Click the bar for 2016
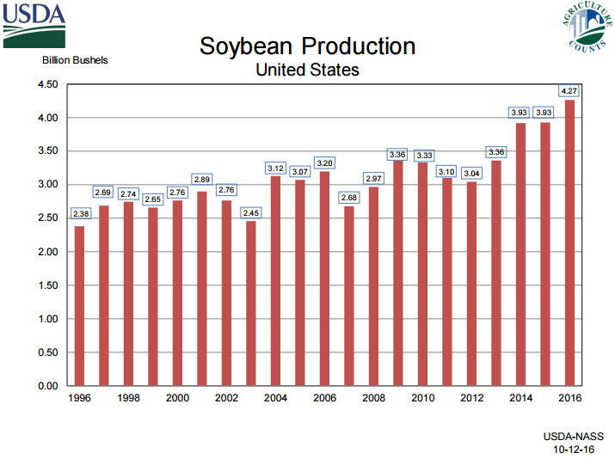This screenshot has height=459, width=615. [569, 243]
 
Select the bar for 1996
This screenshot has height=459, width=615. [79, 306]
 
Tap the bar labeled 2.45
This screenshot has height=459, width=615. [251, 303]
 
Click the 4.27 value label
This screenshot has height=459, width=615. [569, 90]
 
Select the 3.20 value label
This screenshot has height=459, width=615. [324, 162]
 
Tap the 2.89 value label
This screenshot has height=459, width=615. [201, 180]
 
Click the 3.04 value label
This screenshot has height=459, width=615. [471, 171]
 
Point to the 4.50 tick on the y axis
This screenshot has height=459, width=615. [46, 84]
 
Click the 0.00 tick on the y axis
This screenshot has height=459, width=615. [46, 386]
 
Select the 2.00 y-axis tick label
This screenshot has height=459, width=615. [46, 252]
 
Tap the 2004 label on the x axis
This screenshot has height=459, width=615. [275, 399]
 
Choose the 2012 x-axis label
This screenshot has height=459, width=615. [471, 399]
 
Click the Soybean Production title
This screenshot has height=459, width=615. [307, 46]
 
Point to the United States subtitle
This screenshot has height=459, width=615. [307, 70]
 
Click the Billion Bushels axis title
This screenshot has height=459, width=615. [75, 60]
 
